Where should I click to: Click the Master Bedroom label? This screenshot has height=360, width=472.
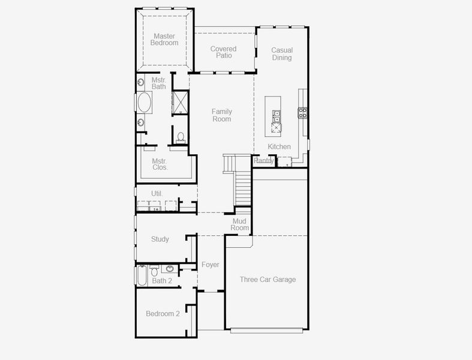pos(164,40)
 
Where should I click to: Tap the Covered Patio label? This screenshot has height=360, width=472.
pos(223,52)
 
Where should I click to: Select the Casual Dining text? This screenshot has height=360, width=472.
pos(282,54)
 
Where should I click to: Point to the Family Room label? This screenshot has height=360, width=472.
pos(221,115)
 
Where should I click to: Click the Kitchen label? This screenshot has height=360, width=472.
pos(279,147)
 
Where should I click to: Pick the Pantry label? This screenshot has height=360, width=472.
pos(264,161)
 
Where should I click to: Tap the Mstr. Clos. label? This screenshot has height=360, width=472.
pos(160,164)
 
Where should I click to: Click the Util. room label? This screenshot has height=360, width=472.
pos(157,194)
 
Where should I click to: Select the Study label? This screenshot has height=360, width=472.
pos(160,239)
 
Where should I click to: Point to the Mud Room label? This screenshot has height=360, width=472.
pos(240,224)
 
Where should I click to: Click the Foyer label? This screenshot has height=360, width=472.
pos(210,265)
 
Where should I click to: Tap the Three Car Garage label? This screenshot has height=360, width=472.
pos(267,280)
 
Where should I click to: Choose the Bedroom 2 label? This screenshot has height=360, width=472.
pos(163,314)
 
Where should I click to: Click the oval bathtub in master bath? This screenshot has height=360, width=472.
pos(145,103)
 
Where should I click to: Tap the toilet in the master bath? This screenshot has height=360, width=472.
pos(180,137)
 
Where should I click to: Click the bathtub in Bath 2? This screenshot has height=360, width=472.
pos(142,276)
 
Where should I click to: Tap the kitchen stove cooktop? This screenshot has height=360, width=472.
pos(303,112)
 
